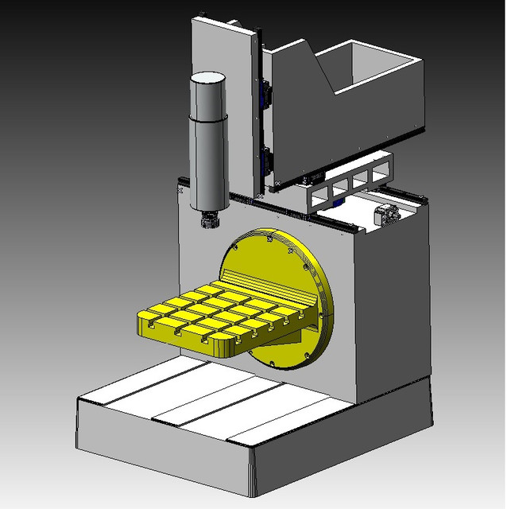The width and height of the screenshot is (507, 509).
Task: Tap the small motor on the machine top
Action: pos(386,213)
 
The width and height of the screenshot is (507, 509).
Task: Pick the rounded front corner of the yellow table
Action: pos(223,347)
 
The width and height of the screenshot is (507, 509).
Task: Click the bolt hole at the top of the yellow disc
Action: pos(272,236)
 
